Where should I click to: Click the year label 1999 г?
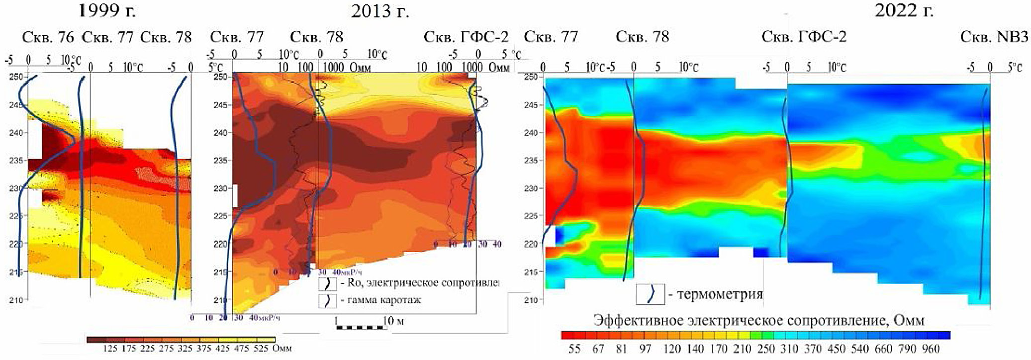coord(107,10)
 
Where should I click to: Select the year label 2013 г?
coord(380,11)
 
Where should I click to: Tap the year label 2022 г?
coord(904,10)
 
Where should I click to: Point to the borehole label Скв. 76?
coord(48,37)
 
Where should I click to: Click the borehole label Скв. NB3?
coord(994,37)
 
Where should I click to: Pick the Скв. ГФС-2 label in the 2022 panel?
coord(804,37)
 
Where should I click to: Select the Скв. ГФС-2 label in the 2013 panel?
coord(466,37)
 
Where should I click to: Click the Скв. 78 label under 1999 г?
coord(166,37)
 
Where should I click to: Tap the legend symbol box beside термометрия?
coord(650,294)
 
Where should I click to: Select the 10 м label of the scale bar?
coord(393,321)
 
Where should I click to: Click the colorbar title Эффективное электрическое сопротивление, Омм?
coord(759,320)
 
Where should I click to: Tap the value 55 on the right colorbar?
coord(574,349)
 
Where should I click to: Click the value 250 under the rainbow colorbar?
coord(766,349)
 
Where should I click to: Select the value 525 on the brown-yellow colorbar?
coord(261,348)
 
